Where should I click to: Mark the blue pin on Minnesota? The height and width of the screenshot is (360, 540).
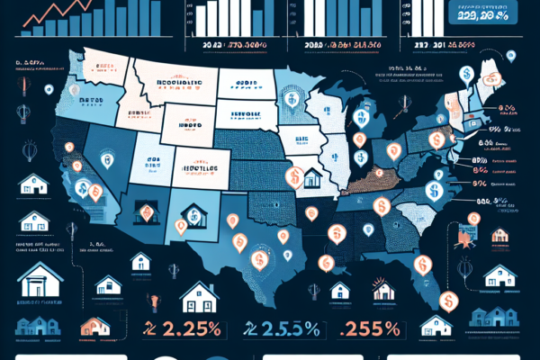292,101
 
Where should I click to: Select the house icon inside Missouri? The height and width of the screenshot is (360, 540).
313,177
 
